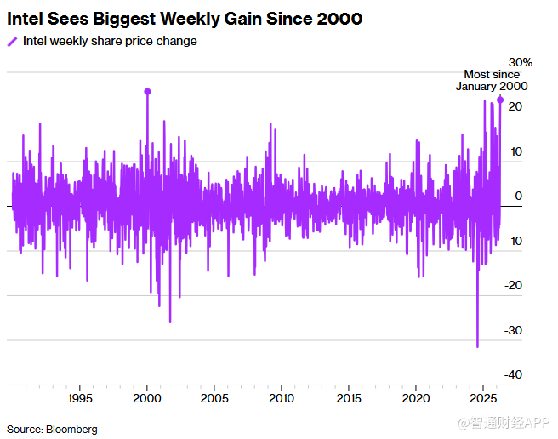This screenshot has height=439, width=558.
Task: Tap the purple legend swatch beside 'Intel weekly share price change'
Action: click(12, 42)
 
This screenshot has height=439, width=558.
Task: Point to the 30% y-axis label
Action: click(521, 62)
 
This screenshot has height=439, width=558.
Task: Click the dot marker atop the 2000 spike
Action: click(147, 91)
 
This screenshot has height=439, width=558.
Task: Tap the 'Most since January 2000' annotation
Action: click(491, 80)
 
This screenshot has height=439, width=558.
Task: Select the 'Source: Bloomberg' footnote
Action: click(52, 429)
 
